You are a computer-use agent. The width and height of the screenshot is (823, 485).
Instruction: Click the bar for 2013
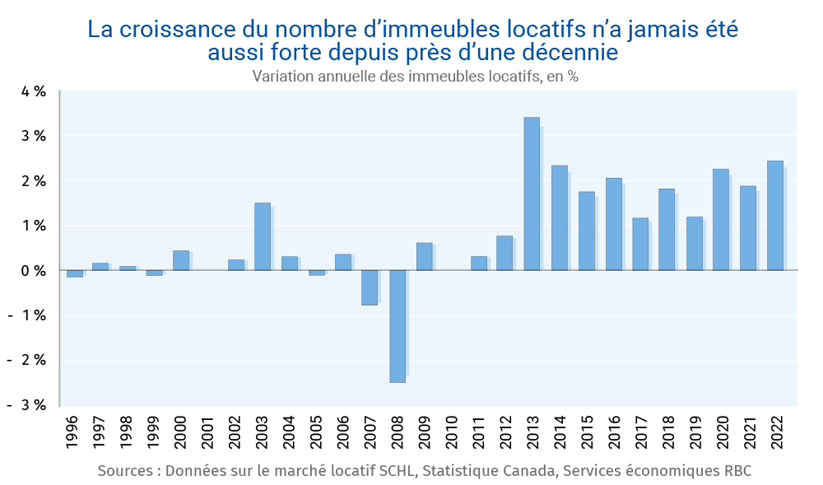532,194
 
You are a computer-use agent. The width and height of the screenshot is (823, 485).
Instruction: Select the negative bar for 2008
398,326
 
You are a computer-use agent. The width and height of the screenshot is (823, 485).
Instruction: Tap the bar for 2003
263,236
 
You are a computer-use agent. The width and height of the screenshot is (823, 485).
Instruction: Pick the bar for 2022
775,216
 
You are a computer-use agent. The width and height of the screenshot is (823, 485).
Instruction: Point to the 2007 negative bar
370,287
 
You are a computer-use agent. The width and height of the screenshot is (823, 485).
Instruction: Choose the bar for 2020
721,220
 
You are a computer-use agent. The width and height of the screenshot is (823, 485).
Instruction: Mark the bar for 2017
640,244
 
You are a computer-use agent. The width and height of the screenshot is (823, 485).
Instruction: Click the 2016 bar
613,224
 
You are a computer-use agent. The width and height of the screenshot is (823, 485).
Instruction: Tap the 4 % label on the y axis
34,91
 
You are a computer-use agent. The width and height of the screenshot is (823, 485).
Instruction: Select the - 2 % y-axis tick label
31,361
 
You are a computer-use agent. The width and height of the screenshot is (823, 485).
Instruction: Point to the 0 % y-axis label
34,271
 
